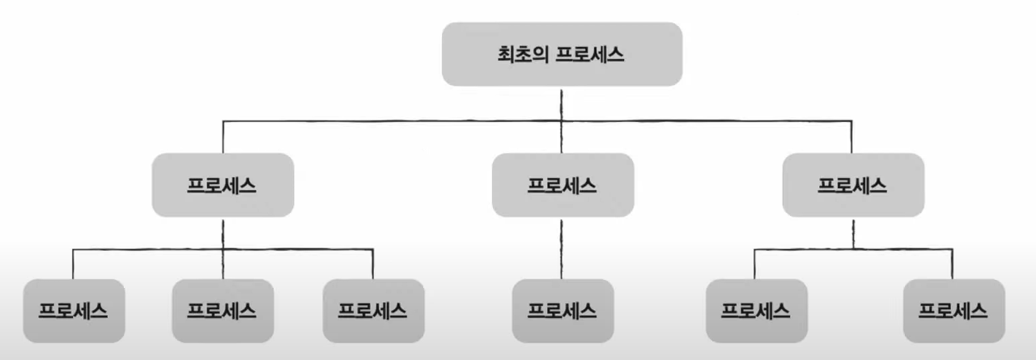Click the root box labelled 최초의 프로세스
tap(562, 54)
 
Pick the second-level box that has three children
tap(223, 184)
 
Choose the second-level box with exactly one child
tap(562, 184)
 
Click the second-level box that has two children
tap(853, 184)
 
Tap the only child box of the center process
tap(562, 311)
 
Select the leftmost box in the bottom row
tap(74, 311)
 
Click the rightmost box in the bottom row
tap(953, 311)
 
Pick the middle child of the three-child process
tap(223, 311)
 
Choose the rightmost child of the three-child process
tap(373, 311)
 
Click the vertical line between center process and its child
tap(562, 248)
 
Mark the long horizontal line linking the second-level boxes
tap(388, 121)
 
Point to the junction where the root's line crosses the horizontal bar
tap(562, 121)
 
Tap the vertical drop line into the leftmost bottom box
tap(74, 265)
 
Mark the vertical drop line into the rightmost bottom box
tap(953, 265)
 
